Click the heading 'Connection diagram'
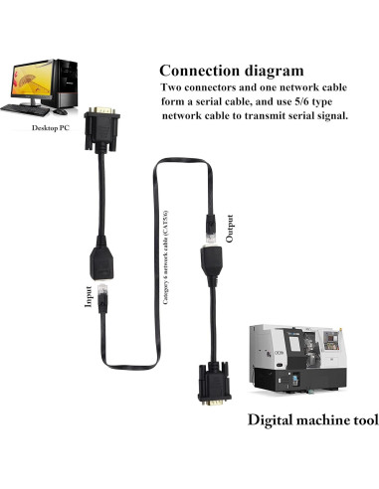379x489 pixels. (x=231, y=71)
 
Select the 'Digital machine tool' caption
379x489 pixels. (x=312, y=419)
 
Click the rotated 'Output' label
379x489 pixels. (x=231, y=228)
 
